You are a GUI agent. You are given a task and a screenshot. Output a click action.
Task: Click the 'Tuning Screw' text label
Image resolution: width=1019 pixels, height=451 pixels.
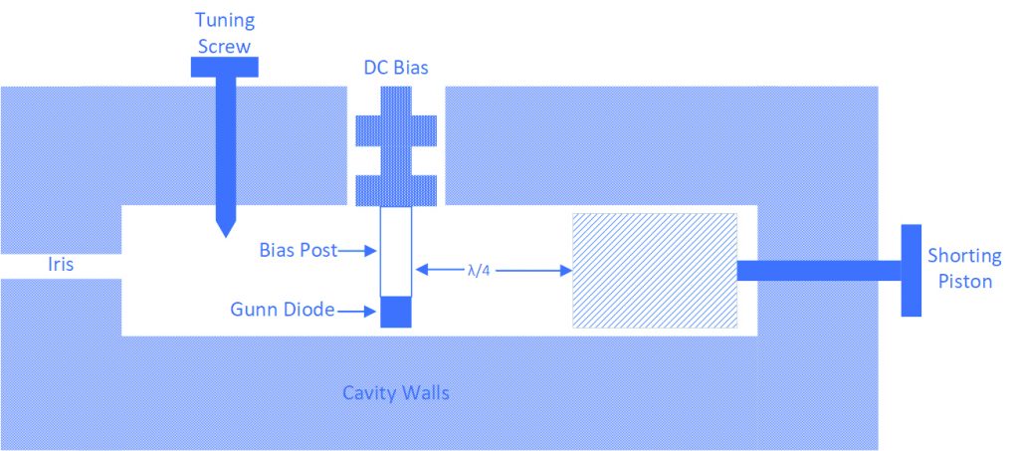225,33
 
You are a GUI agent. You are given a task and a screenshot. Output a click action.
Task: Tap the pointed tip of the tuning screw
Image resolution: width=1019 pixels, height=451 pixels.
225,237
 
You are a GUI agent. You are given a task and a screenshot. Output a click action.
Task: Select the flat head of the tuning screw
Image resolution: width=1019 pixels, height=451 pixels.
225,67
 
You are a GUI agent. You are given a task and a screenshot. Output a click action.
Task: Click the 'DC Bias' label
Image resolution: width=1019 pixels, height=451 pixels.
396,68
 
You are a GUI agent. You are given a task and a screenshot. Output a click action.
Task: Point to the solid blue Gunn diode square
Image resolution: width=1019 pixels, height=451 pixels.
396,312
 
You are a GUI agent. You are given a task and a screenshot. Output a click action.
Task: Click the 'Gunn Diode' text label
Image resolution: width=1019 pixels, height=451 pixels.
282,310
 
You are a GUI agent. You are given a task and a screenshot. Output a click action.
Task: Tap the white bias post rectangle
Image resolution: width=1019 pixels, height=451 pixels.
396,252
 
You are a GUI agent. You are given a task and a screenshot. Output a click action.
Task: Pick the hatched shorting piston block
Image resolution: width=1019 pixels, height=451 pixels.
655,271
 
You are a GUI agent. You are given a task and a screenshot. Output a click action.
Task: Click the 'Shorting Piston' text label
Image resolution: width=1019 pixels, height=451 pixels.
963,269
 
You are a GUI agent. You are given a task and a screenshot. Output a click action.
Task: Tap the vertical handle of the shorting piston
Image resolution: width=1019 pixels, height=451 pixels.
912,271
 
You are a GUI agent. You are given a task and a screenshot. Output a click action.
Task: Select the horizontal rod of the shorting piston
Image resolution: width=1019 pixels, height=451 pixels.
819,271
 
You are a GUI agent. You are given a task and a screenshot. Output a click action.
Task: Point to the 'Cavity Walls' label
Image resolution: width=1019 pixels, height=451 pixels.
396,393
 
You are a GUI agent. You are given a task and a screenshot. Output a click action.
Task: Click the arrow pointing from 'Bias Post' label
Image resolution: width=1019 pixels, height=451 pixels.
357,251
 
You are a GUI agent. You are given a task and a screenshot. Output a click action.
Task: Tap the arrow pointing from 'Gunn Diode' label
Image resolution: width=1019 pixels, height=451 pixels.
356,312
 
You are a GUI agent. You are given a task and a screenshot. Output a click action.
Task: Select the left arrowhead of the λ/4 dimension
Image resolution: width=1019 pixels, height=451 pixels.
421,269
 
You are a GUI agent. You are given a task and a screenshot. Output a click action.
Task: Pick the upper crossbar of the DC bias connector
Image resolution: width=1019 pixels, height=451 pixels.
396,130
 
